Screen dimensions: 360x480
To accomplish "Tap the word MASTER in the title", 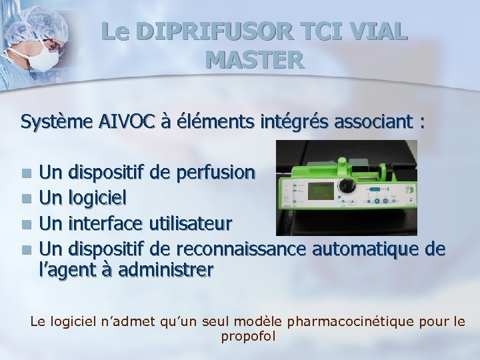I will (x=255, y=60).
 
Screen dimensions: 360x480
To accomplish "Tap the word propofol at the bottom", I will (x=247, y=336).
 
